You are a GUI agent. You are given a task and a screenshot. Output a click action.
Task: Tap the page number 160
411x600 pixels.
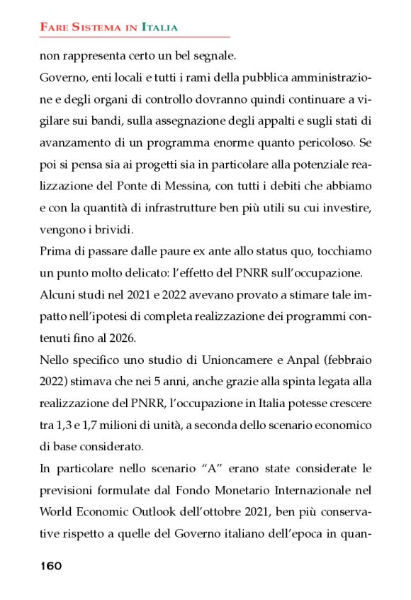point(51,565)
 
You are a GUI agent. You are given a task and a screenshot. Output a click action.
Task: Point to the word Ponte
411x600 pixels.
point(143,185)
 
